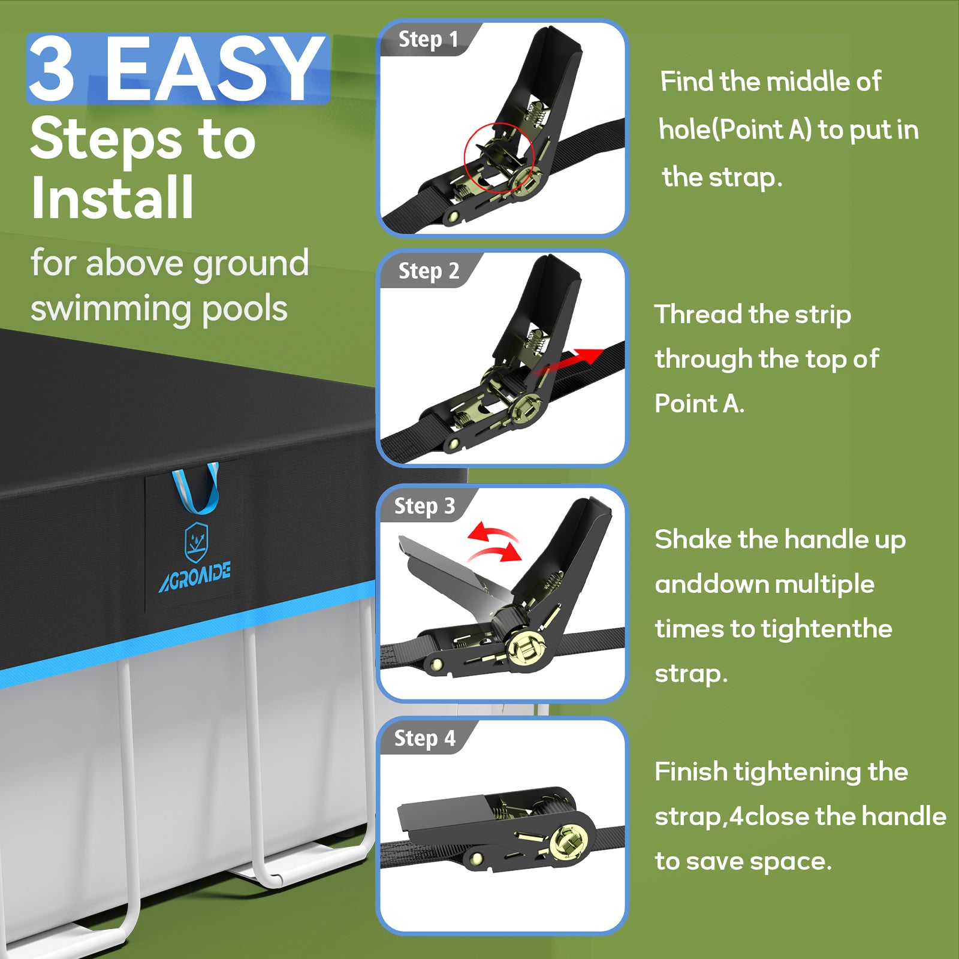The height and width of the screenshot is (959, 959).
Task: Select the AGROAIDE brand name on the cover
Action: click(x=195, y=577)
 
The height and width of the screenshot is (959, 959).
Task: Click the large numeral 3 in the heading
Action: click(x=52, y=69)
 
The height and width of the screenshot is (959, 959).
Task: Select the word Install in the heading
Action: click(x=113, y=197)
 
